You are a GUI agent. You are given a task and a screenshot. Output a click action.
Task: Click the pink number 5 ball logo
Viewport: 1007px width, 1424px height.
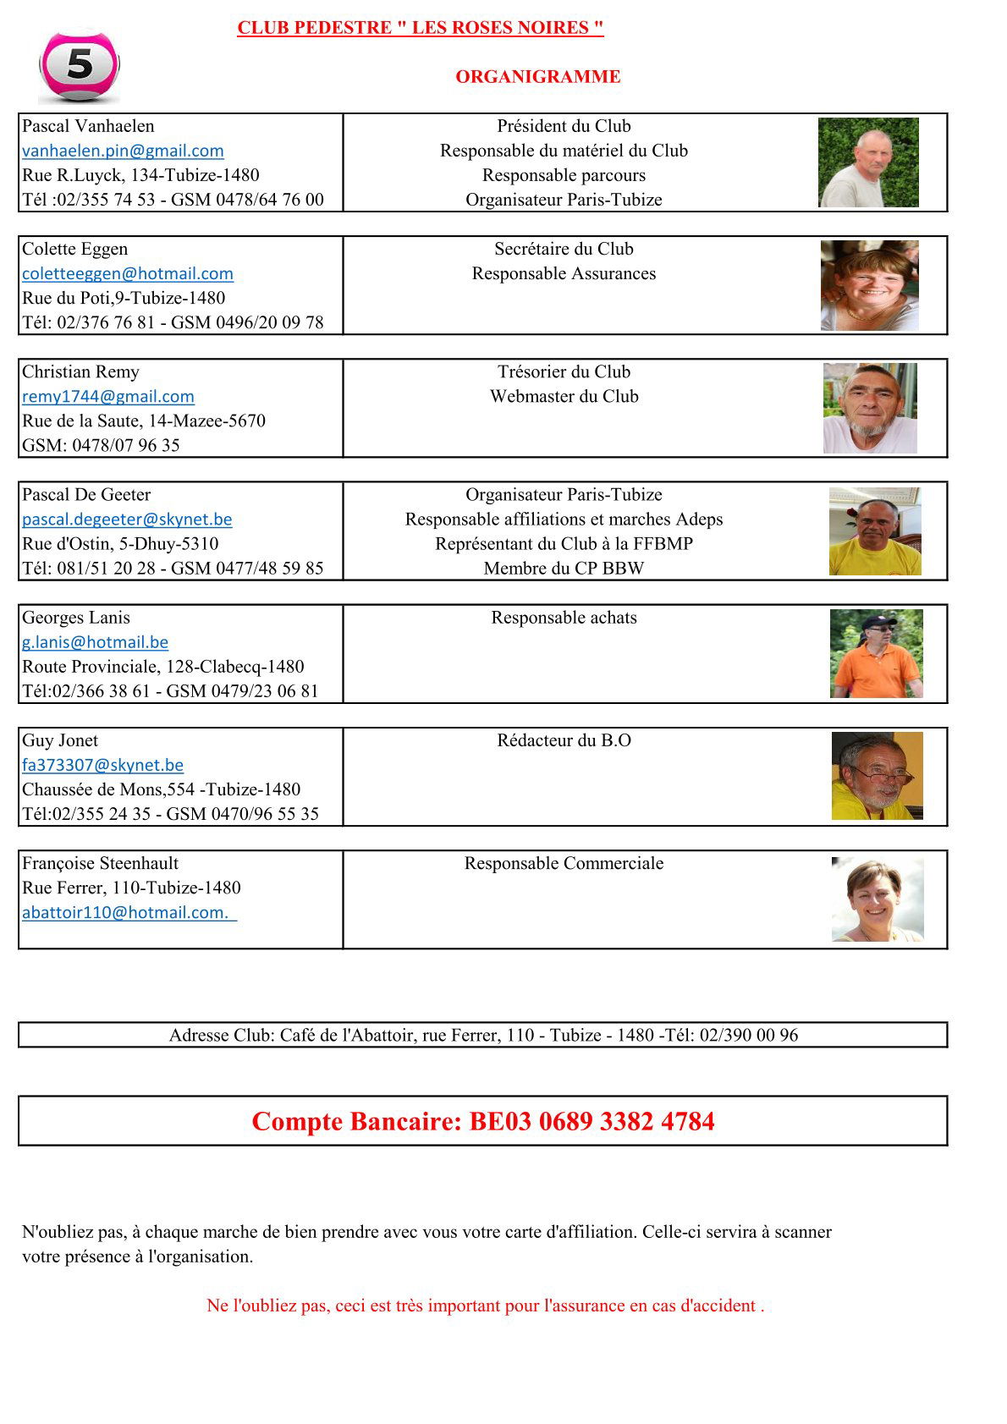(80, 66)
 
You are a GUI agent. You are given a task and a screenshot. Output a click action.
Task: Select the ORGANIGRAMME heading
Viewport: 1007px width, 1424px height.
(537, 77)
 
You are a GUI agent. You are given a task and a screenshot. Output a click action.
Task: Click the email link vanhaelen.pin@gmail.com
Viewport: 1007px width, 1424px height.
(123, 151)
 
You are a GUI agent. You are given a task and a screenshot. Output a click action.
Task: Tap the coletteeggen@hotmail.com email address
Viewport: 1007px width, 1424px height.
(128, 273)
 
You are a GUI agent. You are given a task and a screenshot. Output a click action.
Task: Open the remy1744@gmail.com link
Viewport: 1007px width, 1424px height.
(108, 396)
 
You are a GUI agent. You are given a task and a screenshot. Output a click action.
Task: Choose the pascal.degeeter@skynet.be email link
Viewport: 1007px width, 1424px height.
(127, 519)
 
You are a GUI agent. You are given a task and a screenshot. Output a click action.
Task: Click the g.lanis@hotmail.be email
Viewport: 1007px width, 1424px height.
(95, 641)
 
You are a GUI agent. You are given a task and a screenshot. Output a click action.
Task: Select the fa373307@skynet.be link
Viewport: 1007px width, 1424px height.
(102, 765)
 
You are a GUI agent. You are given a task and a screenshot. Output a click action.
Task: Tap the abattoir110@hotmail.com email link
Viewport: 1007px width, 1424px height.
(129, 912)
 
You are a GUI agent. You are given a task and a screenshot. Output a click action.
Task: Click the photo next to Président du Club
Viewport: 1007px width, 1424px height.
(868, 162)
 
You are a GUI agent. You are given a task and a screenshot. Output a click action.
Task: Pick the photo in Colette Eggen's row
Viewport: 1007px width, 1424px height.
(869, 285)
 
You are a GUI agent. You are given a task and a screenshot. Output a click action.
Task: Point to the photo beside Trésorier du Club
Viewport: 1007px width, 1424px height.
(870, 408)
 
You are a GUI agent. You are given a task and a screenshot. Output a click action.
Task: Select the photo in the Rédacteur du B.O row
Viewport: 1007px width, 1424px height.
(877, 776)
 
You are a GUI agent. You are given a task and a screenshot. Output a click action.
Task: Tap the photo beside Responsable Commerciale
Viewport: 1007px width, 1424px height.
(877, 899)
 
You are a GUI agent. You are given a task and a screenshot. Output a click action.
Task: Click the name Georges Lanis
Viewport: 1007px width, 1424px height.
(76, 618)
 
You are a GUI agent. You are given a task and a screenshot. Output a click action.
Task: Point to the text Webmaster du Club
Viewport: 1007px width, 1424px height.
(564, 396)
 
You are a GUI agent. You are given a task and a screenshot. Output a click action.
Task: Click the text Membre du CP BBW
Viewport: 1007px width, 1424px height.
(564, 569)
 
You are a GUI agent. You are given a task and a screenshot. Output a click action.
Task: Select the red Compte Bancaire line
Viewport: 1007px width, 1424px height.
(482, 1121)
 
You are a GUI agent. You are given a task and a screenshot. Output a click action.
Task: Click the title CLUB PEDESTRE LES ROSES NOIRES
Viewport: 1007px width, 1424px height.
(421, 28)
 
